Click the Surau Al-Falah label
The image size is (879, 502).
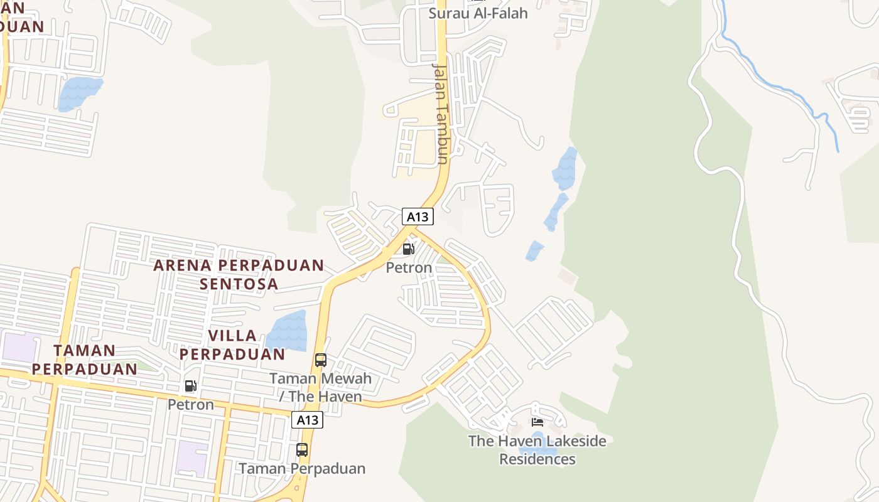[478, 13]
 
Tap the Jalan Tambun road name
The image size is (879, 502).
[441, 113]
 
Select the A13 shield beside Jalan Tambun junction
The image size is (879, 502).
[418, 216]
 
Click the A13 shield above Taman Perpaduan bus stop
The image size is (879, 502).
[307, 420]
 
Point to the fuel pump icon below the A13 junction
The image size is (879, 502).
[408, 249]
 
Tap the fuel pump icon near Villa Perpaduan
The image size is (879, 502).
[190, 386]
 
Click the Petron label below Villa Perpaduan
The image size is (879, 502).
[190, 405]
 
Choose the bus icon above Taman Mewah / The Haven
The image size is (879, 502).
[321, 360]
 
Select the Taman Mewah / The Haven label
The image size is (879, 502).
[320, 387]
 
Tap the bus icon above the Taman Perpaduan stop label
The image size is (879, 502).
[302, 450]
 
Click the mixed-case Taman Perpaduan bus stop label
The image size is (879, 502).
[302, 469]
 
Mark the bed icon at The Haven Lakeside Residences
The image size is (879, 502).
[537, 422]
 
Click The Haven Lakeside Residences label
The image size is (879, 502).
[537, 450]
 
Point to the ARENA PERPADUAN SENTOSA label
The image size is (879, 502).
[239, 274]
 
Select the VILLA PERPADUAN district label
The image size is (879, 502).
[232, 344]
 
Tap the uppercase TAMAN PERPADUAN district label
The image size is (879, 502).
[85, 360]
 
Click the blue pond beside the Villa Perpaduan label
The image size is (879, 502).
[288, 330]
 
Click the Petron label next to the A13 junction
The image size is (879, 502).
[409, 268]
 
